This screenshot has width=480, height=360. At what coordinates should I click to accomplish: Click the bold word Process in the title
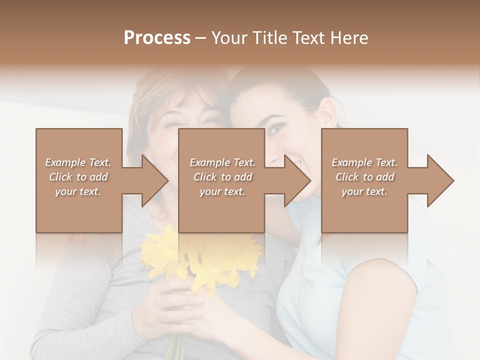tap(157, 38)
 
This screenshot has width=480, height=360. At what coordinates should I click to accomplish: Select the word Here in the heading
tap(349, 38)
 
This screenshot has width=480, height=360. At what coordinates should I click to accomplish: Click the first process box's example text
tap(78, 177)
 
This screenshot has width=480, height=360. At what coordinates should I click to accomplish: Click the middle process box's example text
tap(222, 177)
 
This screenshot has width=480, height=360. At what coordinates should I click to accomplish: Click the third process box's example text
tap(364, 177)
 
